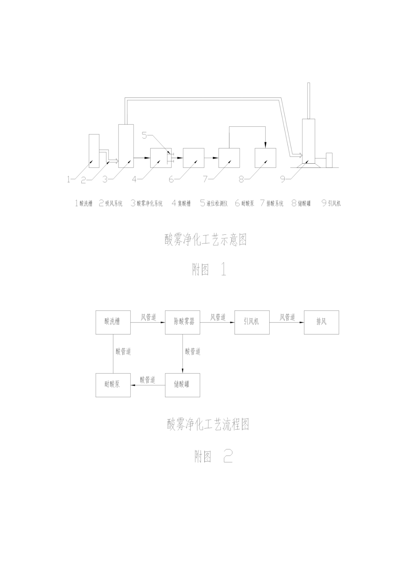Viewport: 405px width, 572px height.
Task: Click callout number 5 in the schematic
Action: tap(145, 136)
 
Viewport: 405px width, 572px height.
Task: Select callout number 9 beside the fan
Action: tap(283, 179)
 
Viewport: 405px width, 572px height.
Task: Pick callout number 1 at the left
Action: tap(69, 179)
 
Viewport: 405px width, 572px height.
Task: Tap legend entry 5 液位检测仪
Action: tap(214, 203)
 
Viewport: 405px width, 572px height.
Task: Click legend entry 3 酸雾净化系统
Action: tap(147, 203)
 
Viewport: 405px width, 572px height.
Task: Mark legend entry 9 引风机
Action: tap(331, 203)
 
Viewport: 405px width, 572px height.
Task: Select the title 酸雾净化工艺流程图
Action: tap(208, 425)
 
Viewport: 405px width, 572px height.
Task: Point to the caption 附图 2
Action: tap(213, 456)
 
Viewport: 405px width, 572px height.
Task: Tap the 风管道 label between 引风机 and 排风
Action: tap(288, 317)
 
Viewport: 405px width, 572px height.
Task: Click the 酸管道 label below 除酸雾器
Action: tap(193, 352)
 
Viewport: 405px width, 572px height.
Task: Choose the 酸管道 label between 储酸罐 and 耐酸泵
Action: tap(148, 380)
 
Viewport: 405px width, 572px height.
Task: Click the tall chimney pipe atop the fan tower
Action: tap(309, 101)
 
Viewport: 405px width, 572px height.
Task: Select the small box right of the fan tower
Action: tap(329, 160)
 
